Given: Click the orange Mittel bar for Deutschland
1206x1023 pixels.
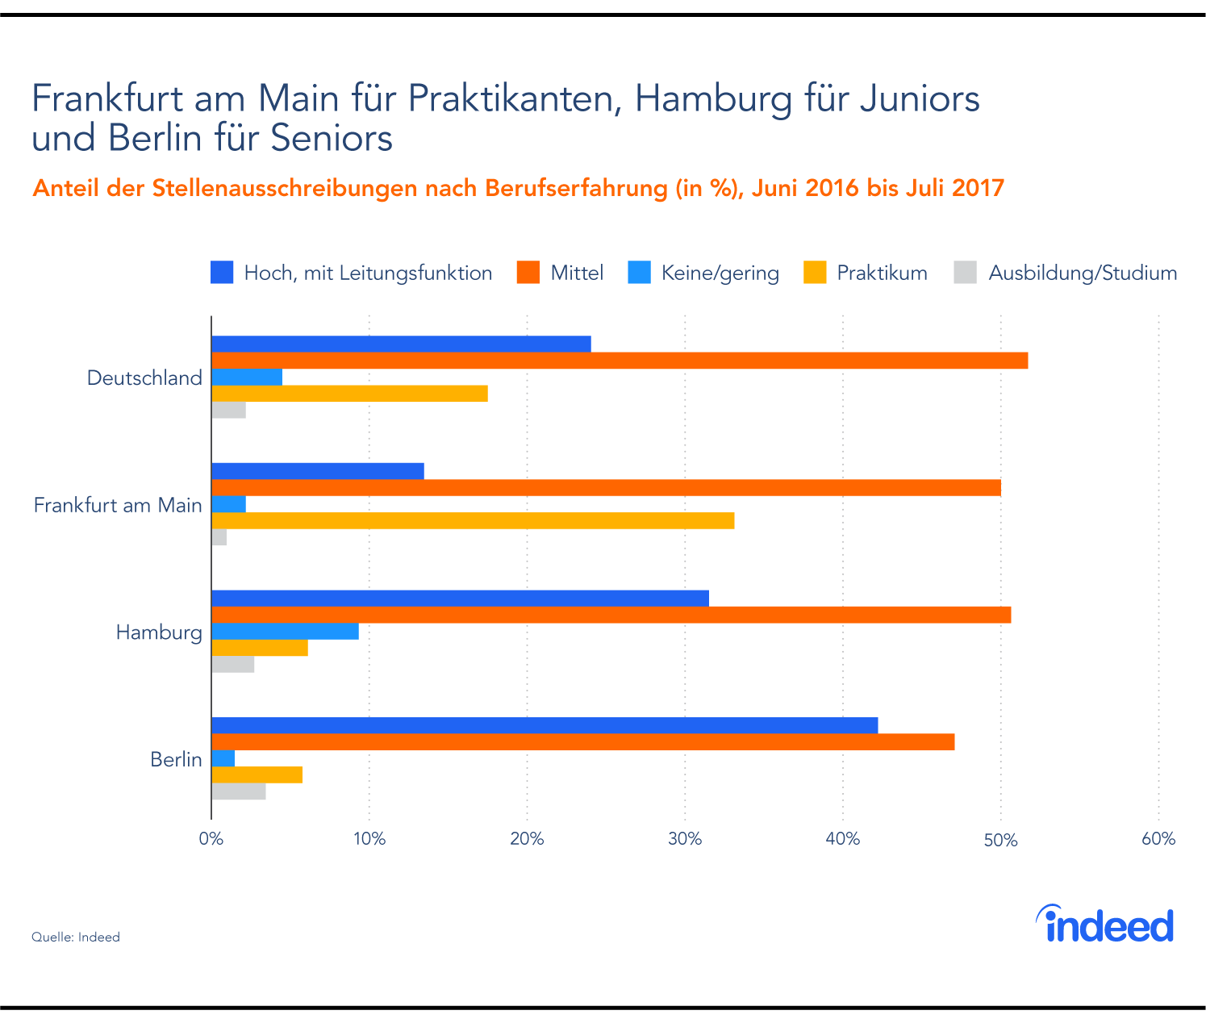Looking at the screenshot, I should (x=620, y=361).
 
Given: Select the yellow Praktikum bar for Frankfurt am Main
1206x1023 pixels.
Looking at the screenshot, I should (x=473, y=520).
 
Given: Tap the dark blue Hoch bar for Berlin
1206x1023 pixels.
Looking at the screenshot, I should (x=545, y=725).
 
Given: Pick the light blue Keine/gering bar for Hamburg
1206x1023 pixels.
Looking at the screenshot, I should (x=285, y=631).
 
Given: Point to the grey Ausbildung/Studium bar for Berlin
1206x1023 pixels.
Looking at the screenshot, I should (x=238, y=791).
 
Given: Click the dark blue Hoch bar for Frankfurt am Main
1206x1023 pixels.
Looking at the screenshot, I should (x=317, y=471).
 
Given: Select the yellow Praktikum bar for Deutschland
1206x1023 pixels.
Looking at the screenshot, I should (x=349, y=393).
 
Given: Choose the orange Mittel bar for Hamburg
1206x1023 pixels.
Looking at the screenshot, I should (x=611, y=615).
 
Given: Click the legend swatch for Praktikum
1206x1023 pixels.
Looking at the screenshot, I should (x=815, y=273).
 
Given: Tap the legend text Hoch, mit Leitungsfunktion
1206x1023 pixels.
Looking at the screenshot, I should (x=368, y=273).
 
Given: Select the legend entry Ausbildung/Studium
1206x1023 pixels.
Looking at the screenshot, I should (x=1082, y=273).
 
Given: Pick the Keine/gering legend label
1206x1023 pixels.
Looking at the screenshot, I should (x=720, y=273).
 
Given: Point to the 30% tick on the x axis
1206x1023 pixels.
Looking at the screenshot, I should (x=685, y=839).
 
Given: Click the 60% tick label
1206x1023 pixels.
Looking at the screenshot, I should (x=1158, y=839).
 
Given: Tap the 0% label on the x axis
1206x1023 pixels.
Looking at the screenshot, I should (x=211, y=839).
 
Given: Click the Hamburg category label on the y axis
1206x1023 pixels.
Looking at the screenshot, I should (x=159, y=632).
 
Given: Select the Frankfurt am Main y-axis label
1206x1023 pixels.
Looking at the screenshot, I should (x=118, y=505).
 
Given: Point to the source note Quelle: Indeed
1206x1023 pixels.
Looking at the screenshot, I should (x=76, y=937).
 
